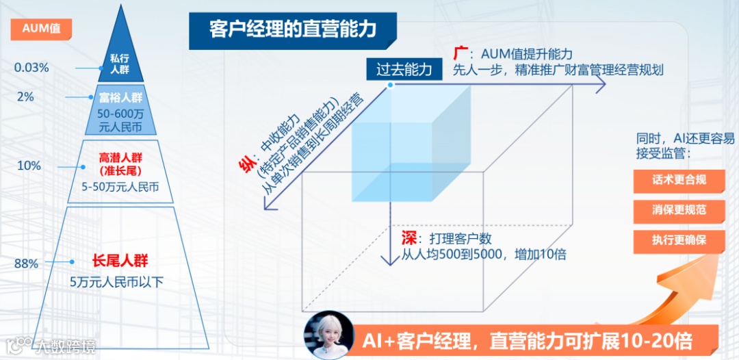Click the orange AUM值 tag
42,29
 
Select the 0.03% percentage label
31,68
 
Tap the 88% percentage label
26,263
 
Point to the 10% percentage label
29,166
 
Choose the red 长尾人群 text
120,261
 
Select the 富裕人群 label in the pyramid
120,97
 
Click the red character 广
461,53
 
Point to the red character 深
409,239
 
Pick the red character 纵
244,165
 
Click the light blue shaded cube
411,144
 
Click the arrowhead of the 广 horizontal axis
600,85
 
